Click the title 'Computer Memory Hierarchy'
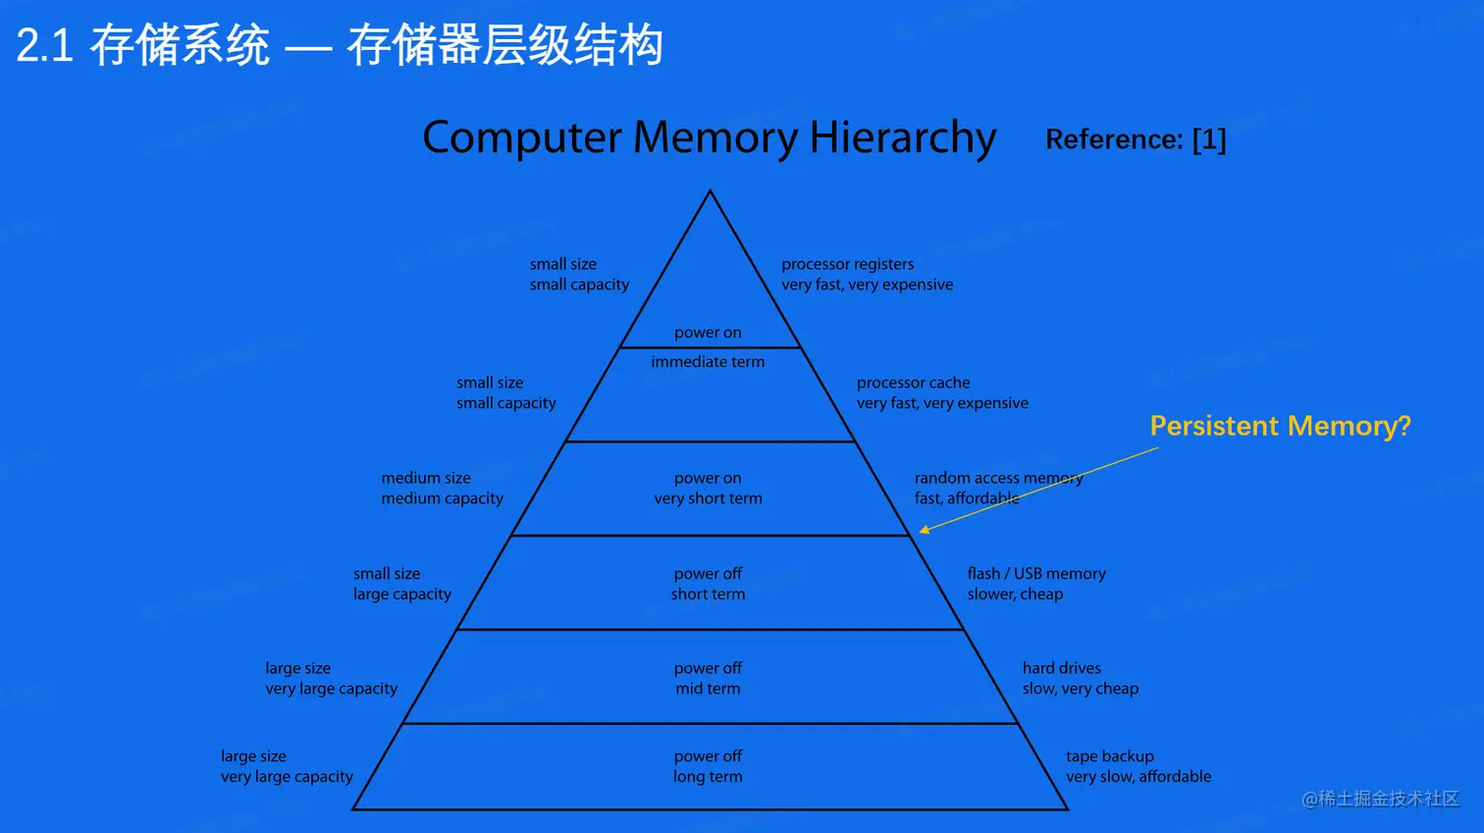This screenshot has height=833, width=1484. coord(709,137)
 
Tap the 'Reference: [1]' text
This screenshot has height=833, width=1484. coord(1136,139)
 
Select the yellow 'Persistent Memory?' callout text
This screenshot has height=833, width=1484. coord(1280,426)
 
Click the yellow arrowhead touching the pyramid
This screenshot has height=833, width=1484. coord(924,530)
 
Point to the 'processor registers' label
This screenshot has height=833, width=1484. coord(847,264)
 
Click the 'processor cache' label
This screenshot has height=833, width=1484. coord(913,383)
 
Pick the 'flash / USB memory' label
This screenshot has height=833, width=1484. coord(1035,574)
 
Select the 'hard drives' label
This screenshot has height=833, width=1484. coord(1061,668)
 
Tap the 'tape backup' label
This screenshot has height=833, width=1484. coord(1109,756)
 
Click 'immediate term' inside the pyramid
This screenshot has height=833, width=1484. coord(708,362)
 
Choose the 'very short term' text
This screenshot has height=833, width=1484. coord(708,498)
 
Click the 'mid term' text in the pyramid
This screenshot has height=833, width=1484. coord(708,689)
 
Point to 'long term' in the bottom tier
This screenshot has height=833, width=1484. coord(708,777)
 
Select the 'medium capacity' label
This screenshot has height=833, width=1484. coord(442,498)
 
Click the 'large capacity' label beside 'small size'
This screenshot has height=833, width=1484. coord(402,595)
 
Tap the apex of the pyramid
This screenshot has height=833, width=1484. coord(710,193)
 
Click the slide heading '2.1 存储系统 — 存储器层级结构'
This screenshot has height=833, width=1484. coord(340,46)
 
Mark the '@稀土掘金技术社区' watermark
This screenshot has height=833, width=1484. coord(1380,799)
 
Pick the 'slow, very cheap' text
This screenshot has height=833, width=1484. coord(1080,689)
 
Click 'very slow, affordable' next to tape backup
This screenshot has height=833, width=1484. coord(1139,777)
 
